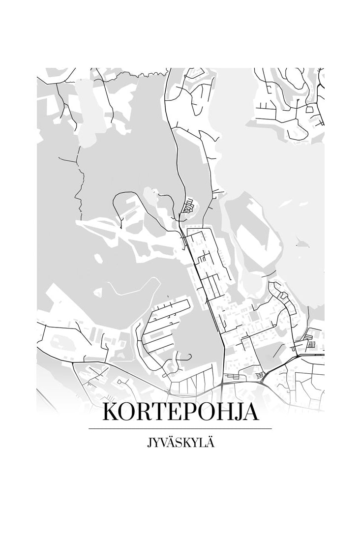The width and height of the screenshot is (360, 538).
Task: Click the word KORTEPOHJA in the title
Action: (x=180, y=412)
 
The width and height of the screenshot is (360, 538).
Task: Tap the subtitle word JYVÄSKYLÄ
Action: (x=180, y=443)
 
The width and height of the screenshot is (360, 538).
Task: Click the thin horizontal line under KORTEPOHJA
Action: (x=180, y=429)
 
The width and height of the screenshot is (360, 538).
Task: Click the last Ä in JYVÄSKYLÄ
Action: (x=210, y=443)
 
